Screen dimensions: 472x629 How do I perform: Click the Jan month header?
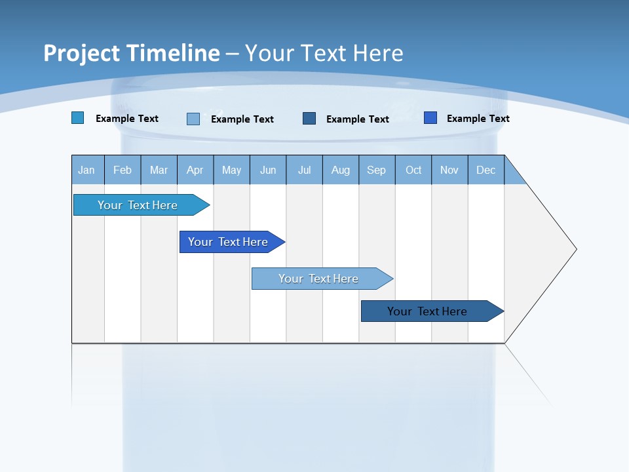86,170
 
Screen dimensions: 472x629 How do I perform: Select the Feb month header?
123,170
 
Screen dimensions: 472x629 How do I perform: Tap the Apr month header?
195,170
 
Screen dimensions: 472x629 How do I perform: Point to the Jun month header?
268,170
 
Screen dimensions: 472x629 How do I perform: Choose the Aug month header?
341,170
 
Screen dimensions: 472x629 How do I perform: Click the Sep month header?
377,170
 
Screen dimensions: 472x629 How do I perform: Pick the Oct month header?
413,170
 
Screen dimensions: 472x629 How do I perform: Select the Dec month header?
486,170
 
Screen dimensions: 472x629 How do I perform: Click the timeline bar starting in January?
138,205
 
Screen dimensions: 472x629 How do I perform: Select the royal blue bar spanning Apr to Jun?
228,242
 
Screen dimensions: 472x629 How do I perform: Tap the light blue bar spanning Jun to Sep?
318,279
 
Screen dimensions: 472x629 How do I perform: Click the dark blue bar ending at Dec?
427,311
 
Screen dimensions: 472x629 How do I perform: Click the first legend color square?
78,118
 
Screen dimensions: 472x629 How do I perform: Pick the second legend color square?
193,119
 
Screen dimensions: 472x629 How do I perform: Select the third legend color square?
309,118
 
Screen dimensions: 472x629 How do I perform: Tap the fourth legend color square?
430,118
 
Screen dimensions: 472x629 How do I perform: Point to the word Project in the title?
82,53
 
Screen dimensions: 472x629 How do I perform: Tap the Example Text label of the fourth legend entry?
478,119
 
